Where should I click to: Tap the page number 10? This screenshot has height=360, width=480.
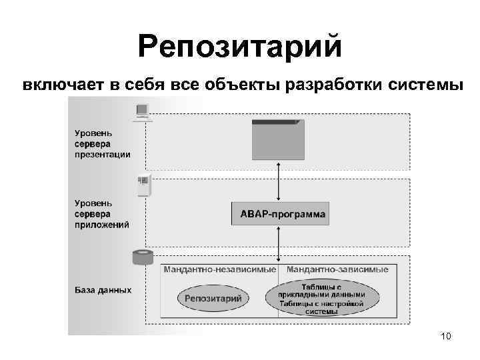pyautogui.click(x=446, y=337)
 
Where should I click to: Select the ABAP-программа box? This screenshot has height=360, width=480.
pyautogui.click(x=279, y=215)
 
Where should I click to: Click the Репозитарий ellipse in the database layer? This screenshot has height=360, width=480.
pyautogui.click(x=213, y=299)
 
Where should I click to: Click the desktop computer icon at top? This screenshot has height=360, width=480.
pyautogui.click(x=142, y=112)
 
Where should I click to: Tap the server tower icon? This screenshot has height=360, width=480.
pyautogui.click(x=143, y=185)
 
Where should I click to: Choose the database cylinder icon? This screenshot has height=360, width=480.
pyautogui.click(x=141, y=257)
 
